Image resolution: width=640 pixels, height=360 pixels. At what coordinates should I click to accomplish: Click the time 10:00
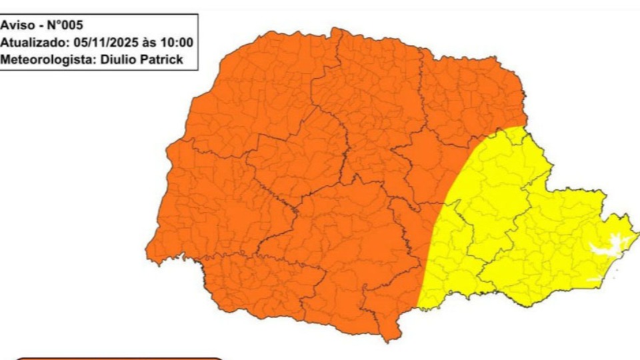click(x=179, y=43)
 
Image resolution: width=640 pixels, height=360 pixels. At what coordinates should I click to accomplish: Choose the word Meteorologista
click(x=44, y=59)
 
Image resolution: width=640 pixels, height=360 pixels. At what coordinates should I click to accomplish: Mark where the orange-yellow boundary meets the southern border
click(x=417, y=308)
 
